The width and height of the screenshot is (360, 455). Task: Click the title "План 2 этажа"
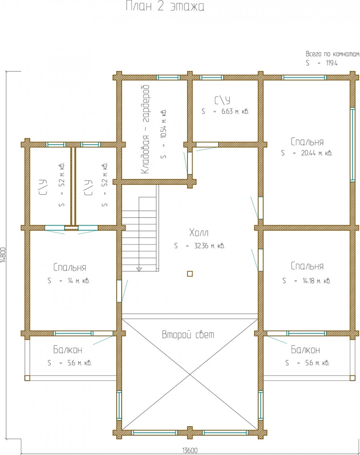(x=165, y=6)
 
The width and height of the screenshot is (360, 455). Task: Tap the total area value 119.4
(x=332, y=63)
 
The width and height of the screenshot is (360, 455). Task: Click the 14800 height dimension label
(x=3, y=255)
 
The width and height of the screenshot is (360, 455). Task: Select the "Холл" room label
(x=199, y=233)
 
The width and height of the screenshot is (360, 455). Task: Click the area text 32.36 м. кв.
(x=210, y=246)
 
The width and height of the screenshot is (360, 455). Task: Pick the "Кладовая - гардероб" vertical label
(x=145, y=129)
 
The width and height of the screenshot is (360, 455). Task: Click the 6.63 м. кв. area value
(x=235, y=111)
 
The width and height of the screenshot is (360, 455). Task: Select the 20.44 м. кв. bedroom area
(x=317, y=153)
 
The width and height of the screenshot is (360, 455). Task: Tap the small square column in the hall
(x=190, y=274)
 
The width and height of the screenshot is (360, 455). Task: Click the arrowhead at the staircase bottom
(x=139, y=269)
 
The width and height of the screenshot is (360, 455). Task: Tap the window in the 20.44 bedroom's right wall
(x=352, y=145)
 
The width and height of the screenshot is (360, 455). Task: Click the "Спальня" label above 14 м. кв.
(x=70, y=267)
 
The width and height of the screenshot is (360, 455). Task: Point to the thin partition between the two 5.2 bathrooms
(x=73, y=186)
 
